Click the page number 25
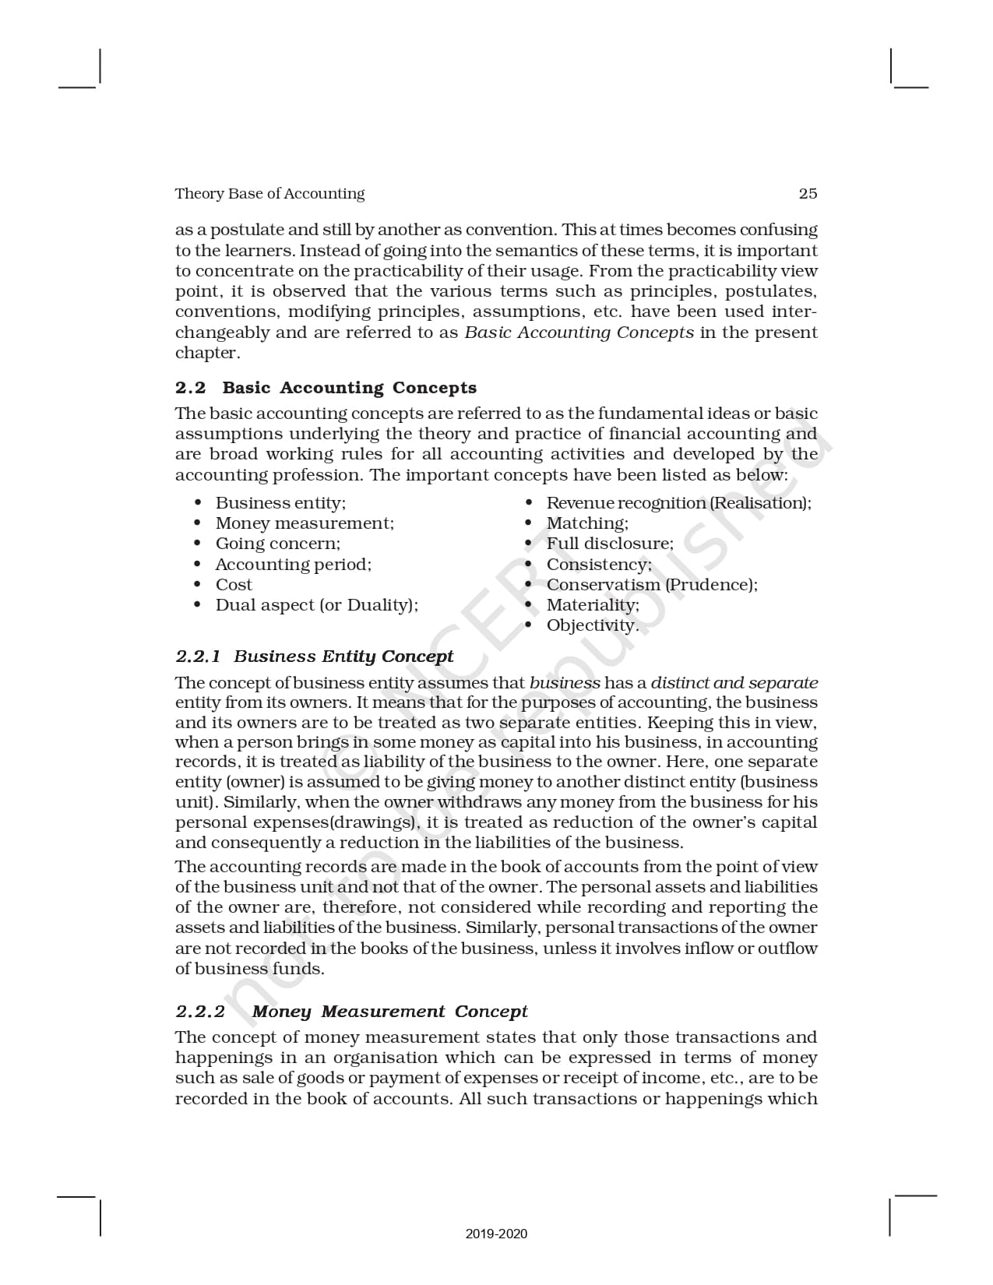pos(808,194)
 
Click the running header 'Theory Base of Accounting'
pos(269,194)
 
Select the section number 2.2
pos(190,388)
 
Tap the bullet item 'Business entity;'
pos(280,503)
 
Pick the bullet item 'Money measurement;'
pos(305,523)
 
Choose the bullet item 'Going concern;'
pos(277,544)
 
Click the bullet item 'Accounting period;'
pos(293,564)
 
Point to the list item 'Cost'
pos(234,585)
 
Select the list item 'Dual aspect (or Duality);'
pos(316,605)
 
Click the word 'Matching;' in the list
pos(587,523)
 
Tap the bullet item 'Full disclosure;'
pos(610,544)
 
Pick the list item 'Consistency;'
pos(599,564)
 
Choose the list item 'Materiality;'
pos(593,605)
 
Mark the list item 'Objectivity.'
pos(592,625)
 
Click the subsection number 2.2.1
pos(198,657)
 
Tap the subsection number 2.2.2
pos(199,1012)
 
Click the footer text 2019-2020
pos(496,1234)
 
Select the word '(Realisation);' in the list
pos(761,503)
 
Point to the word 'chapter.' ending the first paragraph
pos(207,353)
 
